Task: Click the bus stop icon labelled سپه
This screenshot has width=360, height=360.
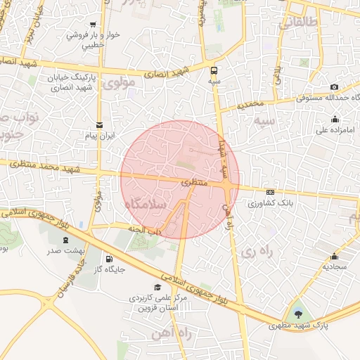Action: click(x=214, y=70)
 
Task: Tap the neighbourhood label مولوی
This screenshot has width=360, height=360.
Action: click(x=118, y=84)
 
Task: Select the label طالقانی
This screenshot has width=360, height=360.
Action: click(x=299, y=24)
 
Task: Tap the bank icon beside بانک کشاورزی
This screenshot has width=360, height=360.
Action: click(x=271, y=192)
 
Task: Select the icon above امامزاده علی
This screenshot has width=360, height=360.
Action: click(x=333, y=119)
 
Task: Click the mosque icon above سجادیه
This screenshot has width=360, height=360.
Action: click(x=333, y=256)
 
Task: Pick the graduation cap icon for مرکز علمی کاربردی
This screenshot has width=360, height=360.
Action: click(x=157, y=287)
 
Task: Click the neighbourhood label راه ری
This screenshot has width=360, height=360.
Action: click(x=255, y=250)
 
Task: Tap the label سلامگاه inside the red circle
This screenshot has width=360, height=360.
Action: click(x=144, y=204)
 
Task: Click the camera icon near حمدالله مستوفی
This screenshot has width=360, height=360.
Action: click(x=314, y=86)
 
